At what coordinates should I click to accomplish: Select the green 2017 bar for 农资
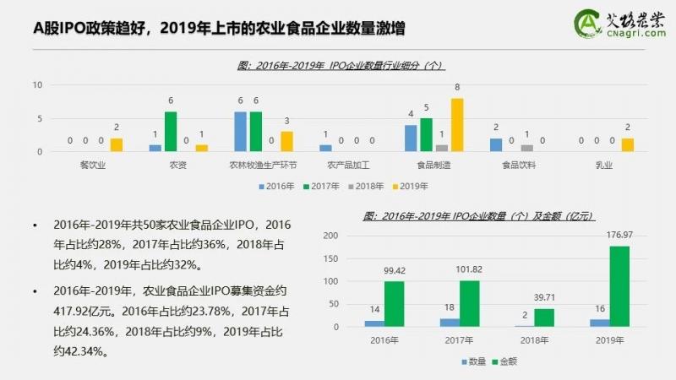pos(171,132)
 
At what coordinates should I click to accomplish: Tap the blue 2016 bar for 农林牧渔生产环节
pos(241,132)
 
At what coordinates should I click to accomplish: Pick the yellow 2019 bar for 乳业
pos(627,145)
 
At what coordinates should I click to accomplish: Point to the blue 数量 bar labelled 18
pos(448,323)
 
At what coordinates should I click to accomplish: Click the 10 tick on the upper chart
pos(37,85)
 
